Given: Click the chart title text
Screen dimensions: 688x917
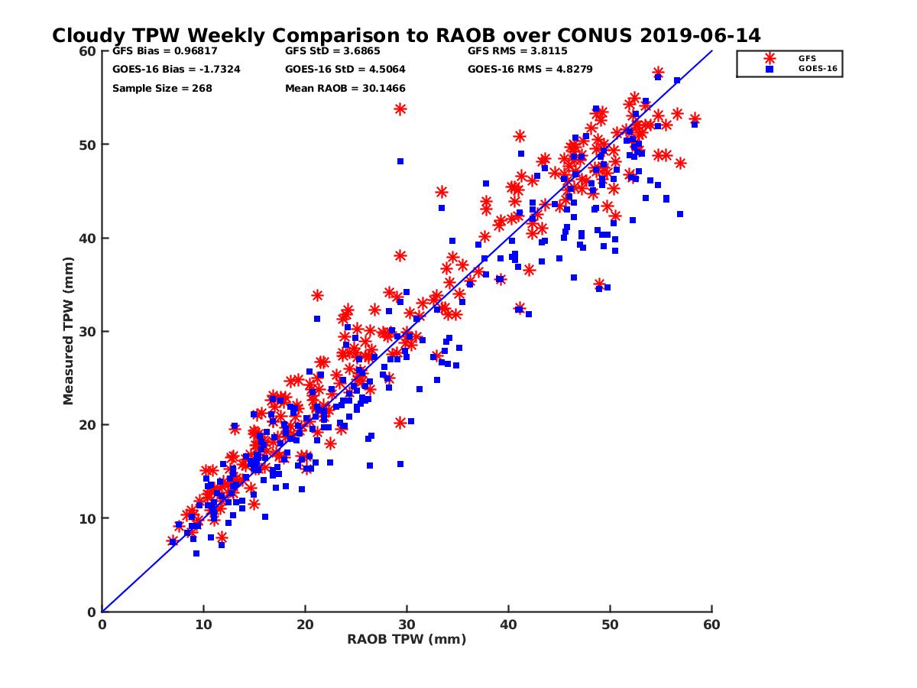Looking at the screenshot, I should point(406,35).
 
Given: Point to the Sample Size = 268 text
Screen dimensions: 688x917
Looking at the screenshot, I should point(162,89).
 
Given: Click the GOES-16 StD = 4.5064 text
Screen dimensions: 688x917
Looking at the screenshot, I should point(345,70).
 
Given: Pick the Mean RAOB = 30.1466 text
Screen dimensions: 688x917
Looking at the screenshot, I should point(345,89).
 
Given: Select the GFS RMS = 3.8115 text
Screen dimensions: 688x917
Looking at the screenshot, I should point(518,52).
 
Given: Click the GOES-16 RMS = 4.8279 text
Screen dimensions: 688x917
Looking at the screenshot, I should point(530,70).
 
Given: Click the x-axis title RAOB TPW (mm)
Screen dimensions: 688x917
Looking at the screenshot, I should point(407,640).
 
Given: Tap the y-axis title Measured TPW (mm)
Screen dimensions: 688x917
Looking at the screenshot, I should point(69,331).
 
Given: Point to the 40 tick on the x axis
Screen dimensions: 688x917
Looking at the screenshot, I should point(509,625).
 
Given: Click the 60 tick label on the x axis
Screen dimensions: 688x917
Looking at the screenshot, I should point(712,625).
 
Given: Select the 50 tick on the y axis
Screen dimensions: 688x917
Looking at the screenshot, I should point(86,144).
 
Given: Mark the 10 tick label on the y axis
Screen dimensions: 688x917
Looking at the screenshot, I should point(86,518).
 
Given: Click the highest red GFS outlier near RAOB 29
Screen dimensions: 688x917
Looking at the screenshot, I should point(400,109).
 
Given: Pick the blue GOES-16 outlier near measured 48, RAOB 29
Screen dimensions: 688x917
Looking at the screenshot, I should point(400,161).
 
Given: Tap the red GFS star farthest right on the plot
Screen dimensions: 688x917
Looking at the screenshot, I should point(695,118).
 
